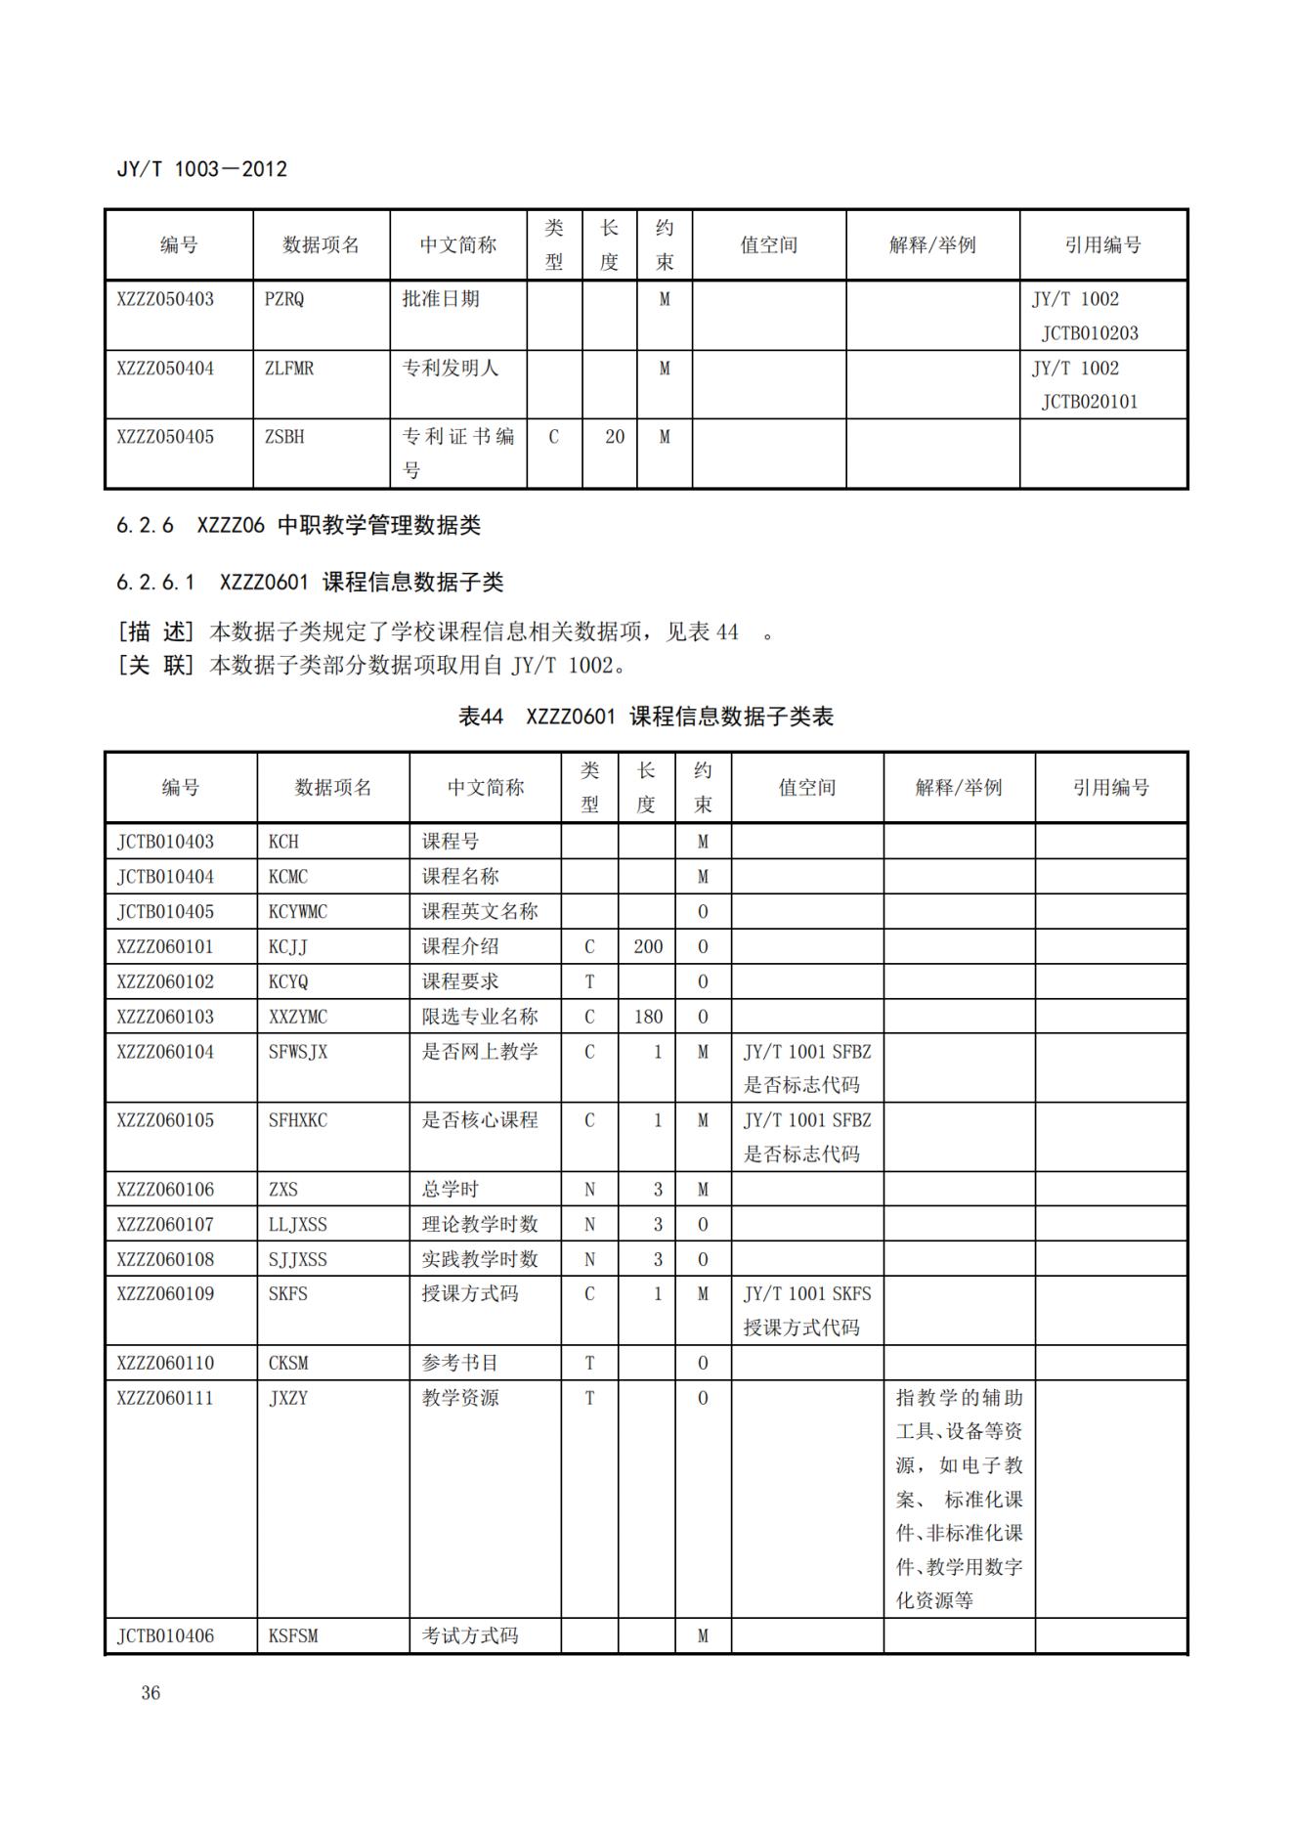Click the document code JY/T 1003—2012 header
pyautogui.click(x=201, y=169)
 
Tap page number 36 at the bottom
pyautogui.click(x=151, y=1692)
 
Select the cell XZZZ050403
pyautogui.click(x=165, y=299)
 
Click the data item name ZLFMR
pyautogui.click(x=289, y=369)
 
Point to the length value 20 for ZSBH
pyautogui.click(x=614, y=437)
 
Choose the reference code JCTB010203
pyautogui.click(x=1090, y=333)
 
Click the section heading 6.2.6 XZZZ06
pyautogui.click(x=298, y=525)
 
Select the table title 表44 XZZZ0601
pyautogui.click(x=645, y=717)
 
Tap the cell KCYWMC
pyautogui.click(x=298, y=912)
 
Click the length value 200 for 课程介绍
pyautogui.click(x=647, y=946)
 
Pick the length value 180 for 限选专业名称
pyautogui.click(x=647, y=1017)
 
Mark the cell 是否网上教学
pyautogui.click(x=480, y=1052)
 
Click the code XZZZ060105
pyautogui.click(x=165, y=1120)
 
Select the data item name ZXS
pyautogui.click(x=283, y=1190)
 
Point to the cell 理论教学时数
pyautogui.click(x=480, y=1224)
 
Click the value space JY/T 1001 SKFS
pyautogui.click(x=806, y=1294)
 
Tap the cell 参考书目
pyautogui.click(x=460, y=1363)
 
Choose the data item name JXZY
pyautogui.click(x=288, y=1398)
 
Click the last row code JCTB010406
pyautogui.click(x=165, y=1635)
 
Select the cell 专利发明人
pyautogui.click(x=451, y=369)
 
